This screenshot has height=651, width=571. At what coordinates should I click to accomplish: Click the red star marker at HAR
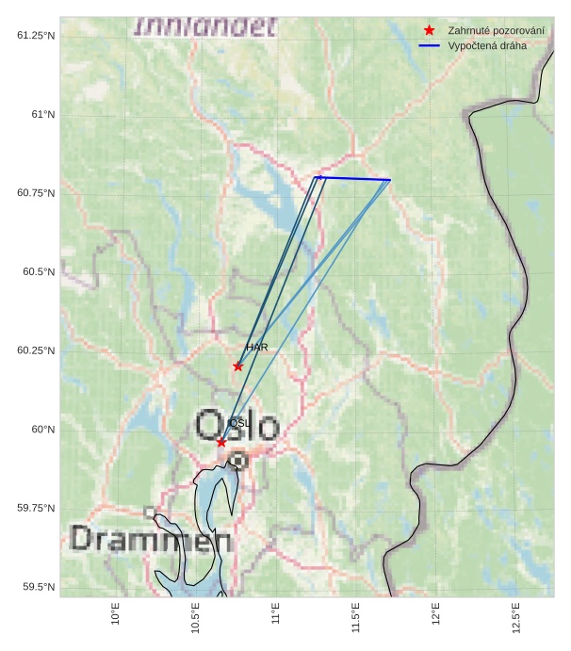[x=237, y=366]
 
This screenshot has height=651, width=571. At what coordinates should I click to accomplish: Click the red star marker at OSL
[x=221, y=442]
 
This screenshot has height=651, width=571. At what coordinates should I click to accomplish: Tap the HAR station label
[x=256, y=348]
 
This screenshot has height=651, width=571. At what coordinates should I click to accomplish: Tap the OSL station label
[x=238, y=423]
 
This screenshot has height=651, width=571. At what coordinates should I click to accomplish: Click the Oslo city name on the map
[x=237, y=427]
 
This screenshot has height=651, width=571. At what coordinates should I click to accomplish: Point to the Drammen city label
[x=151, y=540]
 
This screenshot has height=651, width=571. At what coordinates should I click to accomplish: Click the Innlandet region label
[x=205, y=26]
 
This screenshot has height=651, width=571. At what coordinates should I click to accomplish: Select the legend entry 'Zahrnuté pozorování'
[x=496, y=30]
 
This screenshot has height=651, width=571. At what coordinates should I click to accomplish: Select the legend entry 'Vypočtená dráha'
[x=487, y=45]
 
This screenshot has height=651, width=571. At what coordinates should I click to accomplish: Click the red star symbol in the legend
[x=429, y=30]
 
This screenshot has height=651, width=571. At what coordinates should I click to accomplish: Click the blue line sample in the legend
[x=429, y=45]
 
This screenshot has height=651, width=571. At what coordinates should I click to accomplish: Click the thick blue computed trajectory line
[x=354, y=178]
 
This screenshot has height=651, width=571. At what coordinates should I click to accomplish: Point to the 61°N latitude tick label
[x=40, y=114]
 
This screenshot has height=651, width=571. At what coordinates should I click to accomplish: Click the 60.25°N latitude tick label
[x=36, y=350]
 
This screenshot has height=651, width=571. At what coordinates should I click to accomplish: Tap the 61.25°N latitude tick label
[x=36, y=35]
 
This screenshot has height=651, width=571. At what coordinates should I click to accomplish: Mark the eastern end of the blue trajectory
[x=390, y=180]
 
